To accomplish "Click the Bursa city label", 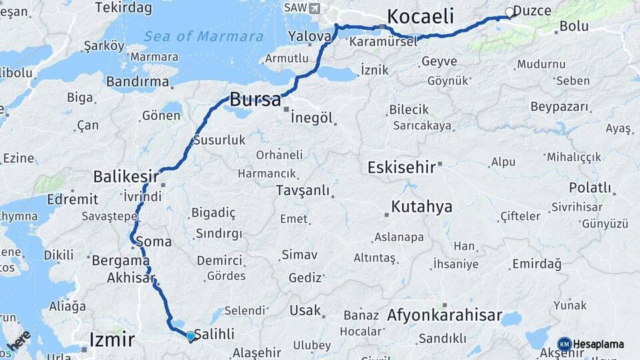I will [x=255, y=100].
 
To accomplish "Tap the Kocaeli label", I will [x=420, y=16].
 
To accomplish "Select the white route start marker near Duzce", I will [x=510, y=12].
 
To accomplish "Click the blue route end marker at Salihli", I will [x=191, y=337].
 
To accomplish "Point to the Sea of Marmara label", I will [x=203, y=36].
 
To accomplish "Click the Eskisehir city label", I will [x=401, y=167].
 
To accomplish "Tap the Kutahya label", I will [x=422, y=206].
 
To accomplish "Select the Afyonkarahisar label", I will [x=444, y=315].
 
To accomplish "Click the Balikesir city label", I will [x=126, y=177].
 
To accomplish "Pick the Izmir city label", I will [x=112, y=341].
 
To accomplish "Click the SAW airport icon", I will [x=315, y=8].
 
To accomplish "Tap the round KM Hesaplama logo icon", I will [x=564, y=345].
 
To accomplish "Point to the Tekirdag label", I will [x=123, y=8].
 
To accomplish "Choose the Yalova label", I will [x=309, y=35].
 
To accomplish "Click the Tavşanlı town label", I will [x=303, y=191].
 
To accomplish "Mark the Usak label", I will [x=305, y=311].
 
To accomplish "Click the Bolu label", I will [x=574, y=27].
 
